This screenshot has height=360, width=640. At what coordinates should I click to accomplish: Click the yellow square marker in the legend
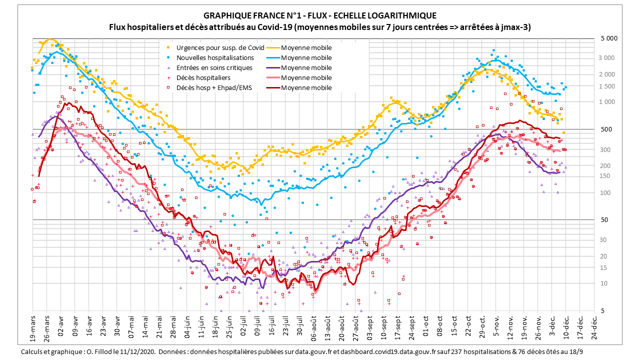(x=168, y=48)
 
